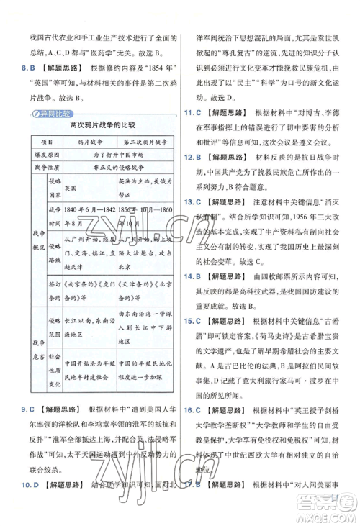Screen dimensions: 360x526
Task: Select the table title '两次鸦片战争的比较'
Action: pyautogui.click(x=94, y=125)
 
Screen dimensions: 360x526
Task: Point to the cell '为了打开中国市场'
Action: pyautogui.click(x=112, y=154)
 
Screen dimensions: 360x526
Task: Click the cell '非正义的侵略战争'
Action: pyautogui.click(x=112, y=166)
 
